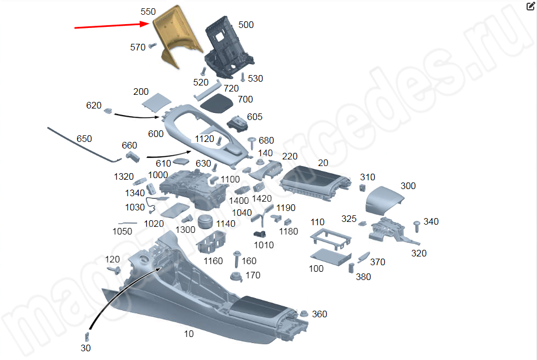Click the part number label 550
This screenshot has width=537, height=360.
pyautogui.click(x=148, y=12)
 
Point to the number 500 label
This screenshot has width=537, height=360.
pyautogui.click(x=246, y=25)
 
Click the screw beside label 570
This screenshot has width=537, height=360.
pyautogui.click(x=152, y=46)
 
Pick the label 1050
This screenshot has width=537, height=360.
pyautogui.click(x=122, y=231)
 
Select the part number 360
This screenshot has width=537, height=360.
pyautogui.click(x=319, y=314)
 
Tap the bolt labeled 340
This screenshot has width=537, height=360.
pyautogui.click(x=416, y=225)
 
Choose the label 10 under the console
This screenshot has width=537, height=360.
pyautogui.click(x=188, y=334)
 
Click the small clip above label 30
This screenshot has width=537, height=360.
pyautogui.click(x=87, y=336)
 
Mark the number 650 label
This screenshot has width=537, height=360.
pyautogui.click(x=84, y=139)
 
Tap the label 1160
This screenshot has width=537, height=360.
pyautogui.click(x=213, y=261)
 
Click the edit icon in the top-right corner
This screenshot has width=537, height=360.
pyautogui.click(x=530, y=7)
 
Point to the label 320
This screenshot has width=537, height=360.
pyautogui.click(x=419, y=253)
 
